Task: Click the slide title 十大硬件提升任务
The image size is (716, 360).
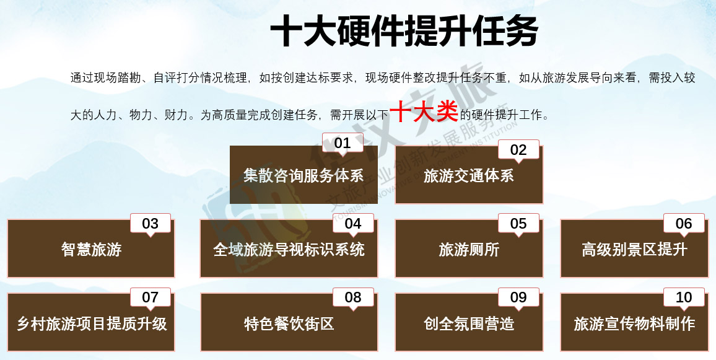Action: [x=404, y=31]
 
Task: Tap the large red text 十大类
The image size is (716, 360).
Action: [x=424, y=112]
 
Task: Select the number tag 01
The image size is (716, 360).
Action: [x=343, y=143]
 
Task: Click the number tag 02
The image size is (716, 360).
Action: [x=518, y=150]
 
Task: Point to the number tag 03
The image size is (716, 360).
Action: [x=151, y=224]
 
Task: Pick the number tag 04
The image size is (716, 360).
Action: [x=353, y=224]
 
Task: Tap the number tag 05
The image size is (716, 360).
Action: [x=518, y=224]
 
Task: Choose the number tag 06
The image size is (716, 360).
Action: [x=684, y=224]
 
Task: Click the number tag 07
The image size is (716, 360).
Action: [x=151, y=297]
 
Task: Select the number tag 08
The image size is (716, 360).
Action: [x=353, y=297]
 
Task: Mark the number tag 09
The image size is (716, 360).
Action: [x=518, y=297]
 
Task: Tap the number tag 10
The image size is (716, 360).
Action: [x=684, y=297]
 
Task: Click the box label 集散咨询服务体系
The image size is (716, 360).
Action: [x=303, y=176]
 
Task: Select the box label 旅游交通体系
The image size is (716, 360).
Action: [x=468, y=176]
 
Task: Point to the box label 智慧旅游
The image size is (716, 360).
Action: [x=91, y=250]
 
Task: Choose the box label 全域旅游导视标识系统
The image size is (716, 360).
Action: [x=289, y=250]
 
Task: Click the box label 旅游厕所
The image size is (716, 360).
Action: [x=468, y=250]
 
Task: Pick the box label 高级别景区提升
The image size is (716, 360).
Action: [x=634, y=250]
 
